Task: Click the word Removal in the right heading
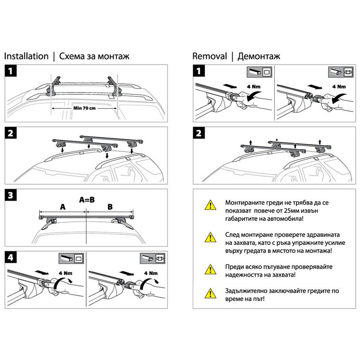pos(209,56)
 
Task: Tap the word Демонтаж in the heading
pos(259,56)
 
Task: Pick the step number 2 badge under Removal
pos(199,133)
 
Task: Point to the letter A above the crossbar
pos(62,206)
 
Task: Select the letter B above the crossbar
pos(110,206)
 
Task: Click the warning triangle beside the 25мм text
pos(208,205)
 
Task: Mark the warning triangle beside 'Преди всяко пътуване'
pos(208,269)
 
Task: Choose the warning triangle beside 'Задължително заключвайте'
pos(208,293)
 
